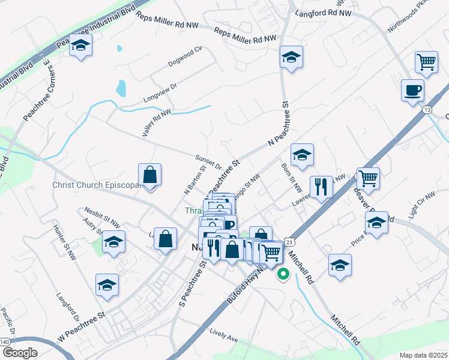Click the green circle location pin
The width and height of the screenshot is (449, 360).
coord(283,275)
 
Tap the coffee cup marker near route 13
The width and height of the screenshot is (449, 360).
coord(412,91)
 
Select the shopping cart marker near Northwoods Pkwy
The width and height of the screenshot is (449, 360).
coord(426,62)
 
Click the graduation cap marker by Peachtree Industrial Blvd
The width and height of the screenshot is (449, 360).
coord(80,46)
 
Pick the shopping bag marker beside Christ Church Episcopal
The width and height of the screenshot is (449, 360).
coord(149,175)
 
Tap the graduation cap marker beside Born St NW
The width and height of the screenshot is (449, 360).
coord(302,155)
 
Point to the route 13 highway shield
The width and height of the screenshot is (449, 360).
coord(427,110)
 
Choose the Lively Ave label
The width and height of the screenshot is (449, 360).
coord(223,335)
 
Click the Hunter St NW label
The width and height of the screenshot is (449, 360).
coord(65,242)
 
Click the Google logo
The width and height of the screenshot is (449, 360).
coord(20,353)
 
